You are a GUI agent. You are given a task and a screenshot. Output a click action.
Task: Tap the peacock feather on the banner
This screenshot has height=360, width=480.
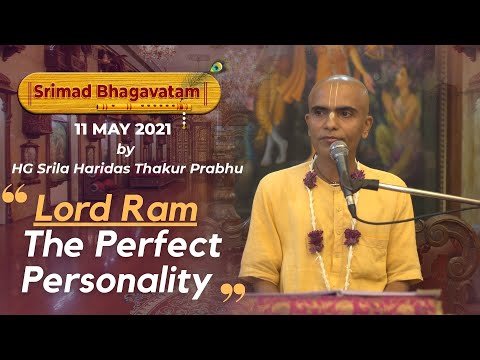(214, 70)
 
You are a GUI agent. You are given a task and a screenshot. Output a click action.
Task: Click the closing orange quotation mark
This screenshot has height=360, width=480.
(232, 293)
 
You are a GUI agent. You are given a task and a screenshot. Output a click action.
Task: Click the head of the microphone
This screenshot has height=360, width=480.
(340, 157)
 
